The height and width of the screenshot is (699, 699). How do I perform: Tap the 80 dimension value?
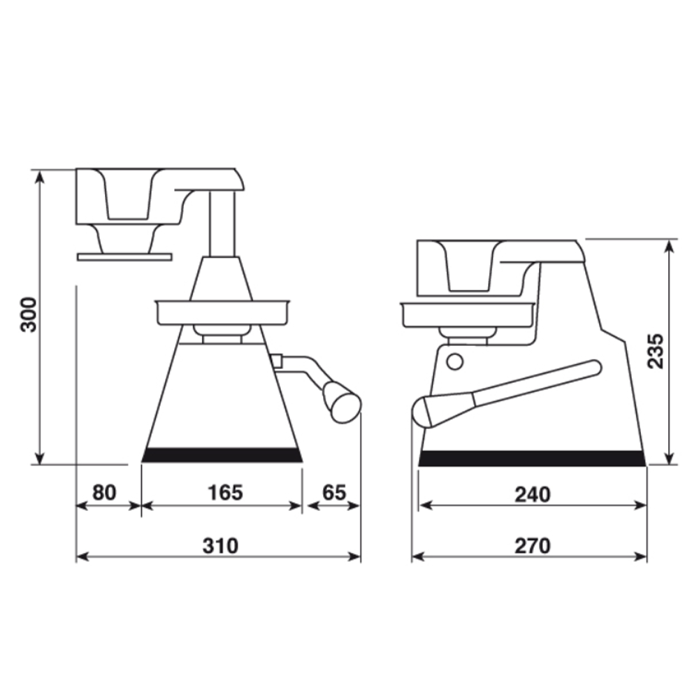(104, 492)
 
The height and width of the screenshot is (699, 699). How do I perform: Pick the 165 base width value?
(224, 492)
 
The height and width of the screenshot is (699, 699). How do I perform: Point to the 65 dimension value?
(334, 492)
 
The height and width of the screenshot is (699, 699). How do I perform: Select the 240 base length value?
(533, 493)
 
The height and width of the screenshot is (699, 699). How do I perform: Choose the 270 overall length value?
(533, 545)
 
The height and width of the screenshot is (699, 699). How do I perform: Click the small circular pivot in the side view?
(455, 361)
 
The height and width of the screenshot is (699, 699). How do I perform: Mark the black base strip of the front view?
(222, 455)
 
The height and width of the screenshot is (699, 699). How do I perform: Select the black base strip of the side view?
(531, 459)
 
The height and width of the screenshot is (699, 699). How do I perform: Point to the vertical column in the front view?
(223, 224)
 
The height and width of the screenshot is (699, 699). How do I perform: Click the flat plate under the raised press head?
(124, 257)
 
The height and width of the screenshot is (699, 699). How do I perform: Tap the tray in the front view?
(222, 312)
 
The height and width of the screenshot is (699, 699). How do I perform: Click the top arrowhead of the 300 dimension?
(40, 175)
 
